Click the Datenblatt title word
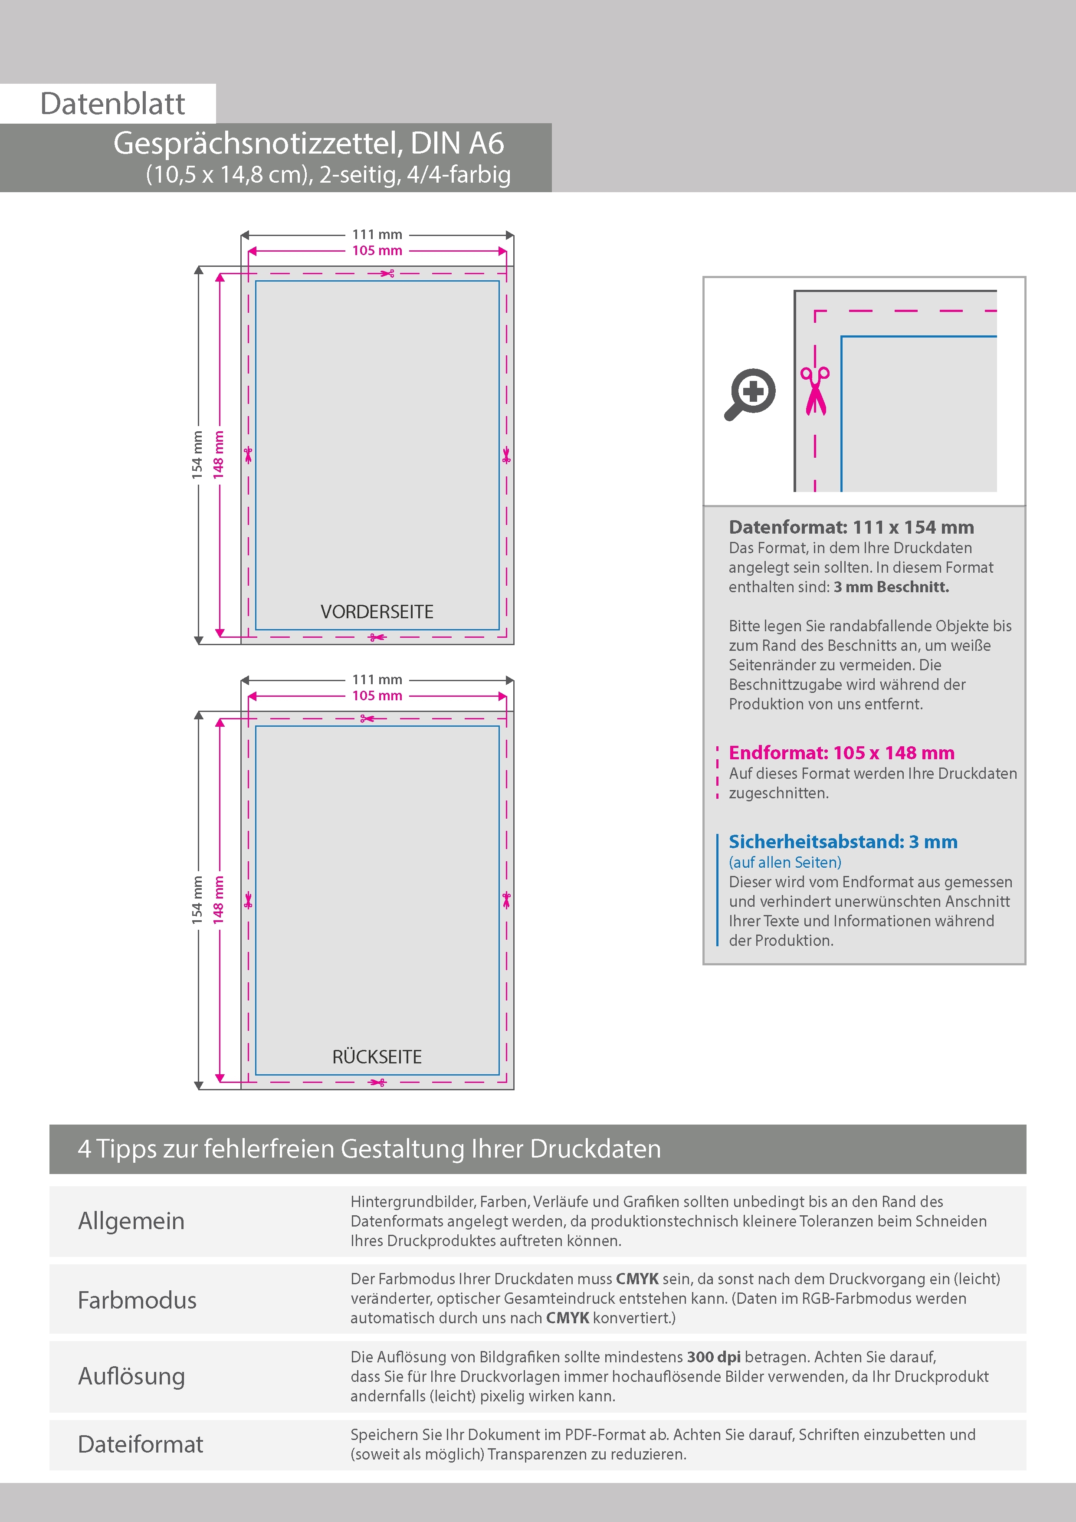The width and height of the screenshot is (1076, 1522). tap(113, 104)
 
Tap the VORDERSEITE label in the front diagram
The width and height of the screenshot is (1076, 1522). tap(377, 612)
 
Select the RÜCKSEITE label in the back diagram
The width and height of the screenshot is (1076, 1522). tap(377, 1056)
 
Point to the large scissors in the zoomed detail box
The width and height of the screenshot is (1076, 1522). tap(815, 390)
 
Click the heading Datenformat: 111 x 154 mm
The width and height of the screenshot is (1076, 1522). tap(851, 528)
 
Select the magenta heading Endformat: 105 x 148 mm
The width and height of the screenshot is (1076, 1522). tap(841, 753)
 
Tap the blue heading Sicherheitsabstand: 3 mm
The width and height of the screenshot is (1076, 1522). tap(843, 842)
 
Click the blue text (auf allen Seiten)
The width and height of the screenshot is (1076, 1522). tap(785, 863)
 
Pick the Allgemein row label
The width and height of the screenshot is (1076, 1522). tap(131, 1221)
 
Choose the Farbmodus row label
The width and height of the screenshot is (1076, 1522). tap(137, 1300)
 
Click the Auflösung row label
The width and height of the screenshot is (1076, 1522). tap(131, 1376)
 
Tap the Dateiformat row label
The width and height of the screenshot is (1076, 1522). tap(141, 1444)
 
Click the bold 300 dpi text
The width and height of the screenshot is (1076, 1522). tap(713, 1357)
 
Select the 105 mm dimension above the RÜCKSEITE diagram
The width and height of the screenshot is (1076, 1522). tap(377, 696)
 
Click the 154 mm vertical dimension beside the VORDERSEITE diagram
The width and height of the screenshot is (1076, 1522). tap(197, 455)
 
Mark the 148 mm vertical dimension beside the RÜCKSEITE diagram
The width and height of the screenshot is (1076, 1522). tap(219, 899)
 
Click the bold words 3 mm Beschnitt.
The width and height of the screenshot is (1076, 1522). tap(891, 587)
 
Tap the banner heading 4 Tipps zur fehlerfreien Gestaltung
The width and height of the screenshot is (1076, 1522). tap(369, 1149)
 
